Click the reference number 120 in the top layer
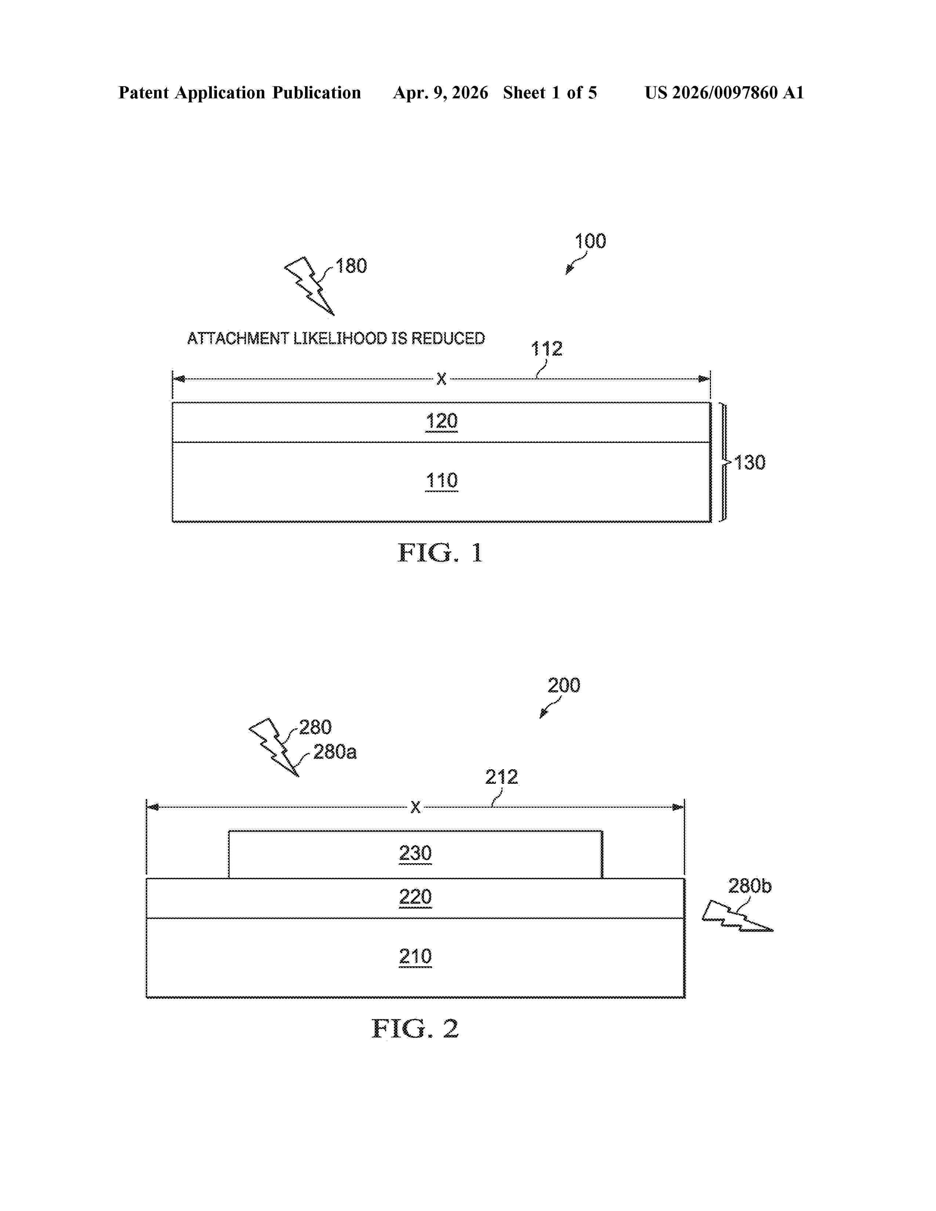pyautogui.click(x=441, y=421)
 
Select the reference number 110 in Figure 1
pyautogui.click(x=441, y=480)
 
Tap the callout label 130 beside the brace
pyautogui.click(x=750, y=462)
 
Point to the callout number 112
pyautogui.click(x=547, y=349)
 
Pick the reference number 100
pyautogui.click(x=590, y=241)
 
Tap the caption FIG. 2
pyautogui.click(x=415, y=1029)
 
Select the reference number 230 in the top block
pyautogui.click(x=415, y=853)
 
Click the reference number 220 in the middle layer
pyautogui.click(x=415, y=897)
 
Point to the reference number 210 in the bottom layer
pyautogui.click(x=415, y=956)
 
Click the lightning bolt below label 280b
pyautogui.click(x=737, y=917)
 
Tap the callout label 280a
pyautogui.click(x=335, y=752)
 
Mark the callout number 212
pyautogui.click(x=501, y=777)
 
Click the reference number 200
pyautogui.click(x=564, y=685)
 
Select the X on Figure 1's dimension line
pyautogui.click(x=441, y=379)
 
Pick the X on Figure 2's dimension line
pyautogui.click(x=415, y=807)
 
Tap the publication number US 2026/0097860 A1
pyautogui.click(x=724, y=92)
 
